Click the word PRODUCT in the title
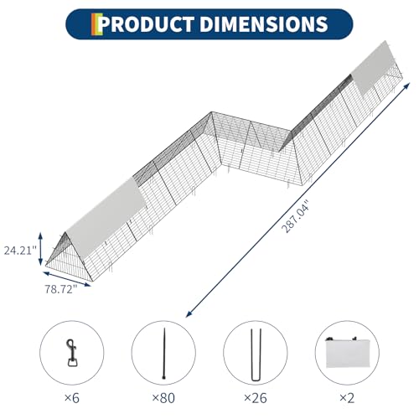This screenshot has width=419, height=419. click(x=146, y=24)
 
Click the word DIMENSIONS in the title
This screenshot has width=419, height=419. click(x=264, y=24)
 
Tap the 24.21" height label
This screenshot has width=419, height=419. click(x=20, y=251)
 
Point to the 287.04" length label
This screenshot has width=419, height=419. click(x=296, y=216)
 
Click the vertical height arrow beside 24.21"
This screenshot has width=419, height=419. click(x=41, y=249)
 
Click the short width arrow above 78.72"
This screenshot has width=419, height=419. click(x=67, y=279)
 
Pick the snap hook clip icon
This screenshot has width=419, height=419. click(x=71, y=353)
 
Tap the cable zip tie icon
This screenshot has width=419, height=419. click(x=164, y=354)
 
